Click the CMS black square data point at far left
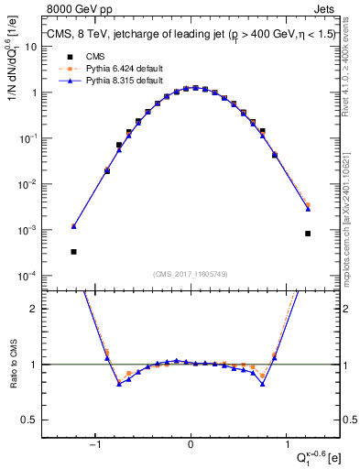pos(73,251)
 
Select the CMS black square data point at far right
pos(308,234)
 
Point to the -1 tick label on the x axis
pos(94,446)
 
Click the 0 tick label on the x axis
pos(191,446)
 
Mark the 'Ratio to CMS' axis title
pos(12,365)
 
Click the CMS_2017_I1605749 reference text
pos(191,274)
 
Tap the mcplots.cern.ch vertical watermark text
pos(352,212)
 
